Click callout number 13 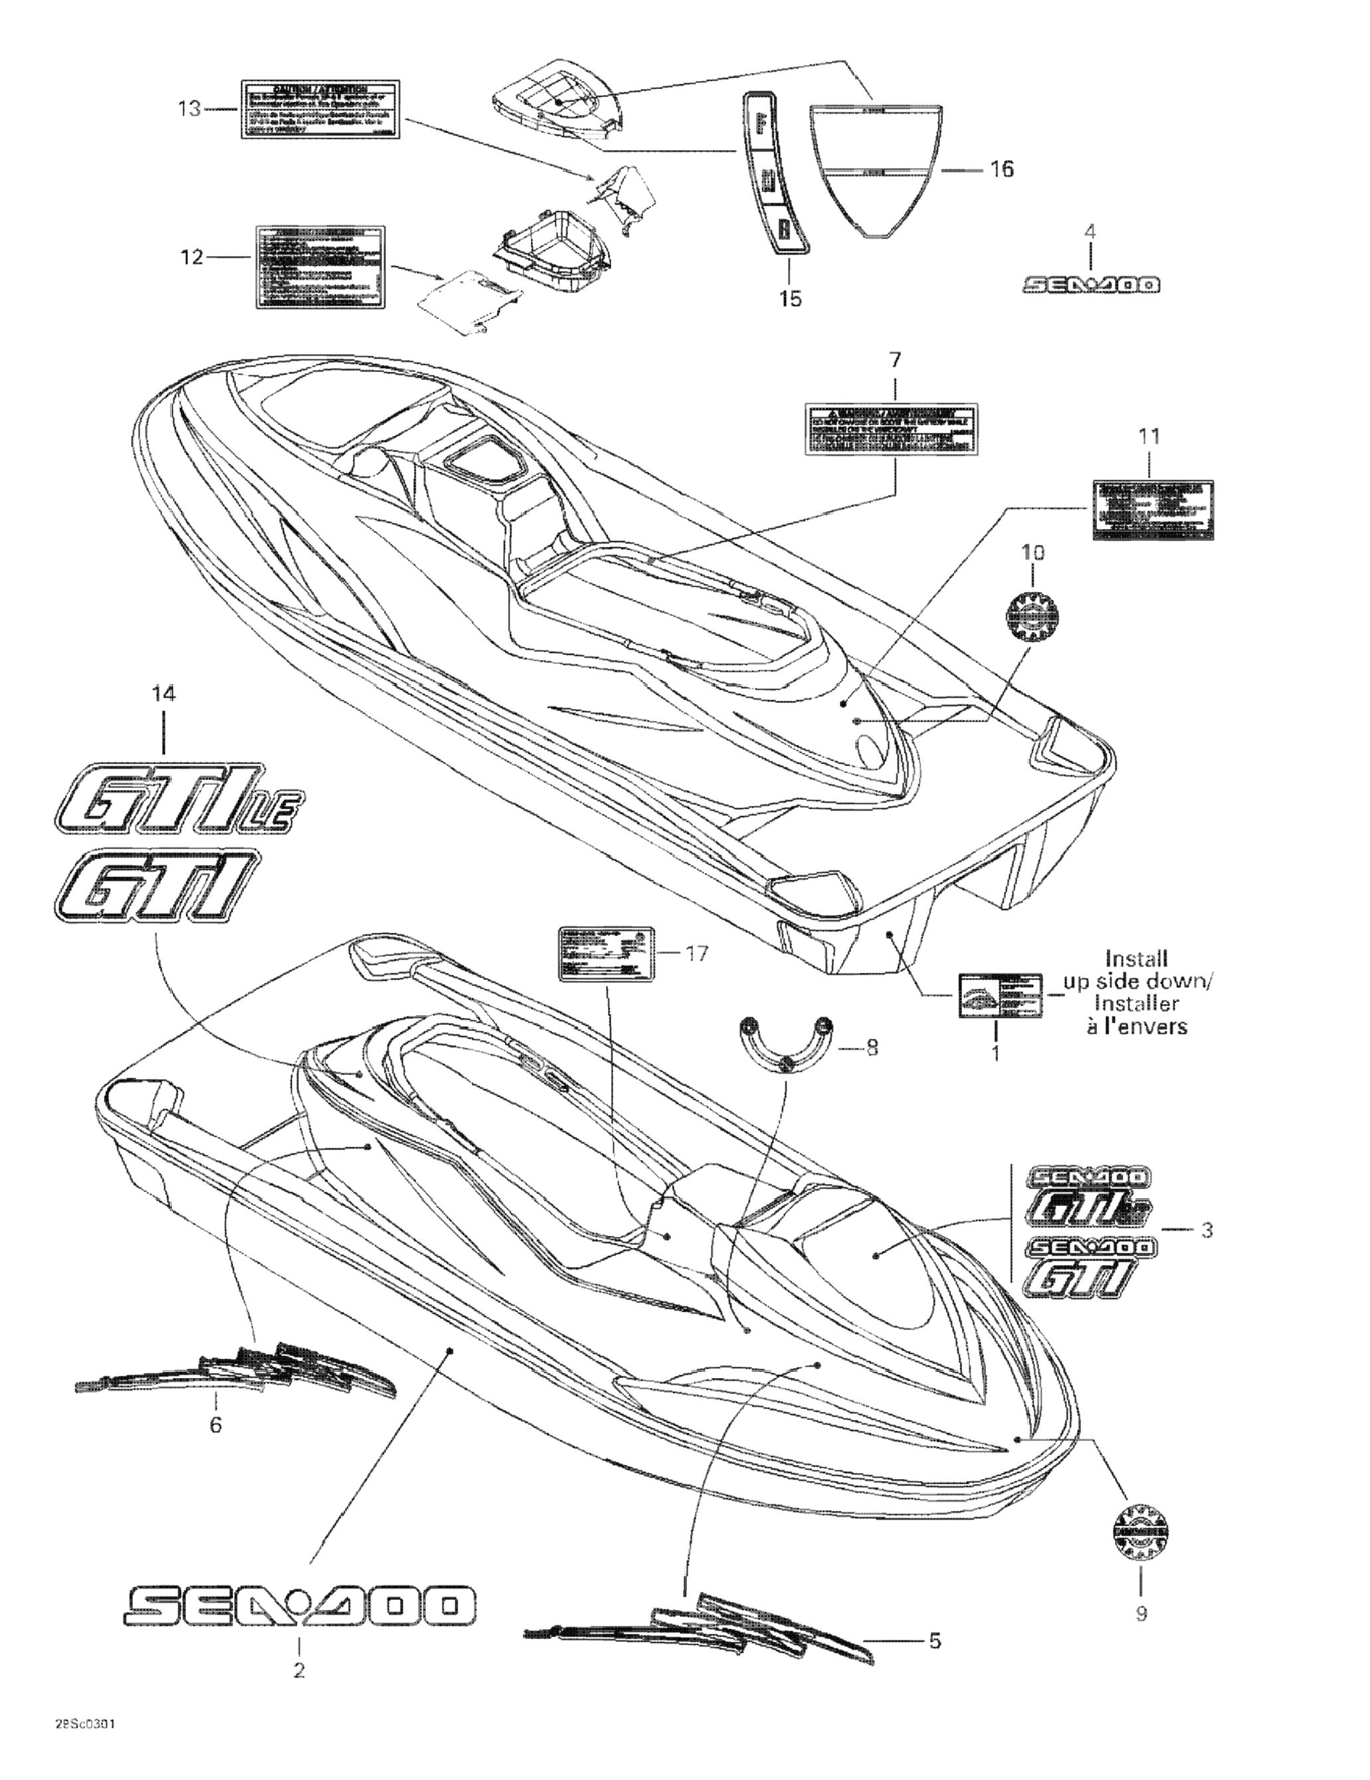(x=189, y=108)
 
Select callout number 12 (x=191, y=258)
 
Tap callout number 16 (x=1002, y=169)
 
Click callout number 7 (x=895, y=359)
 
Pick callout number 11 (x=1149, y=437)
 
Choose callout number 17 (x=697, y=953)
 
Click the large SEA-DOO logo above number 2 (x=300, y=1604)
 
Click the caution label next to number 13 (x=320, y=108)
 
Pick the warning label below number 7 (x=891, y=427)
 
